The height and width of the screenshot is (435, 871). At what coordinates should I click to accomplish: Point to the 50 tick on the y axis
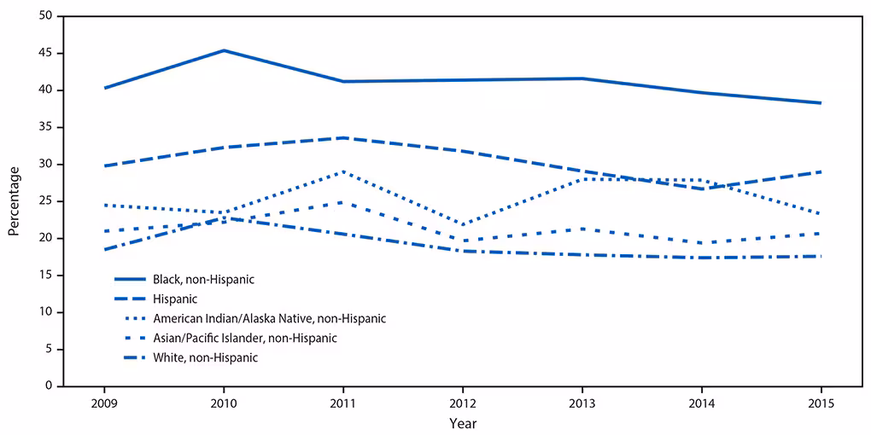44,16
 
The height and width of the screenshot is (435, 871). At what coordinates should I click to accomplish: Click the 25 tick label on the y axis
44,201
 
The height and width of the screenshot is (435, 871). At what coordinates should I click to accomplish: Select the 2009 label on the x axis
104,403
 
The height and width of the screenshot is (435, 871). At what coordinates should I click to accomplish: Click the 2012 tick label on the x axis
462,403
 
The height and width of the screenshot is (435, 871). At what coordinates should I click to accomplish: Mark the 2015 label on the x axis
821,403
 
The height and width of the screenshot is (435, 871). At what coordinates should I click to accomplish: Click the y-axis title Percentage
14,201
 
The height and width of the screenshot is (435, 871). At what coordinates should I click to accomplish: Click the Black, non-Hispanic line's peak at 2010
224,50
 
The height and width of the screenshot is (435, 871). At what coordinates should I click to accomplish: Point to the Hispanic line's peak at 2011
342,137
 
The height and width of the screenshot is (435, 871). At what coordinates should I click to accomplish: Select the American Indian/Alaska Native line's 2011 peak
342,171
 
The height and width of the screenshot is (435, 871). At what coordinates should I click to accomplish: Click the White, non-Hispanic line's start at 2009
104,249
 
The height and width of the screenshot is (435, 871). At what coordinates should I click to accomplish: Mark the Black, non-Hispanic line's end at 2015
821,103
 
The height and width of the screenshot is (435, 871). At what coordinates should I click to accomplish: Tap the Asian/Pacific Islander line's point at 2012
462,241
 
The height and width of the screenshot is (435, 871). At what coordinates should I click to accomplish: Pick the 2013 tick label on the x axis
582,403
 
